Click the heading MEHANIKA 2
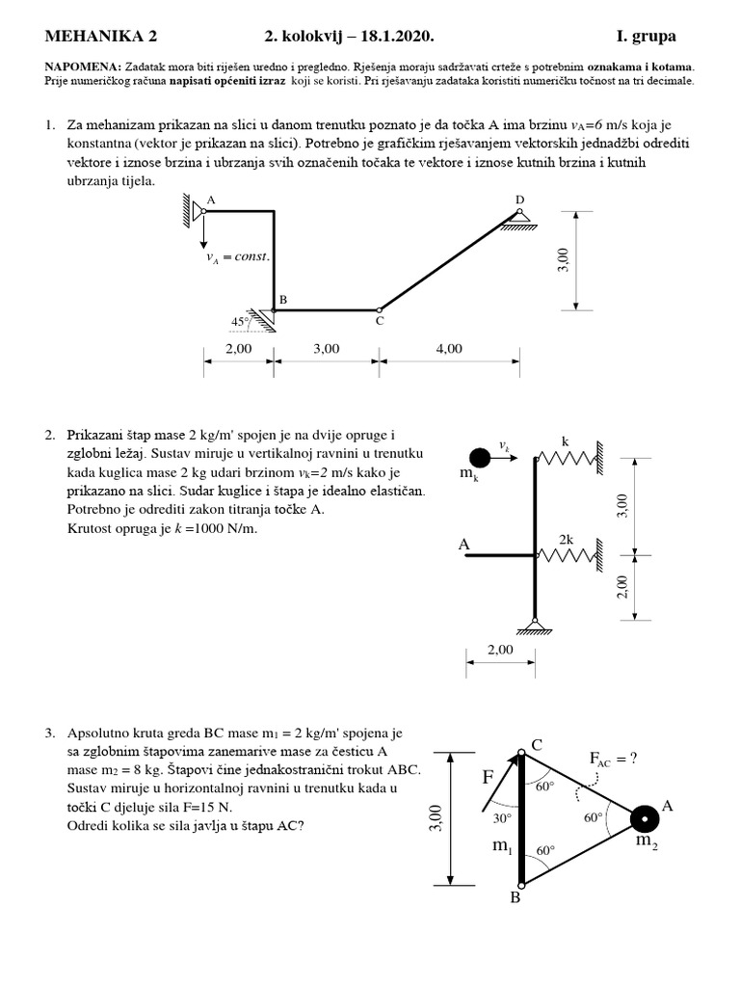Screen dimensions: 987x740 pos(100,37)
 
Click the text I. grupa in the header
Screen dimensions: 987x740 pos(646,37)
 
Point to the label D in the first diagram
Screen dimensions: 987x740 pos(519,200)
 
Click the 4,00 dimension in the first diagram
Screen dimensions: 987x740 pos(449,349)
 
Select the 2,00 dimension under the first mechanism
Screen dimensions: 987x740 pos(238,349)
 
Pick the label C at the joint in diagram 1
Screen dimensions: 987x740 pos(380,321)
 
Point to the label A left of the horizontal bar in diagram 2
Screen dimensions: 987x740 pos(463,546)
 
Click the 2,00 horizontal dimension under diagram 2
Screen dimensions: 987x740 pos(500,650)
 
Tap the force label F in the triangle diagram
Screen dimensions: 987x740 pos(488,777)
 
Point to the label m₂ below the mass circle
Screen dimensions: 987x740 pos(646,840)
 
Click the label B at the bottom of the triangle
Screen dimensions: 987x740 pos(515,897)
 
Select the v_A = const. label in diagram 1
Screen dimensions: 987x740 pos(238,257)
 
